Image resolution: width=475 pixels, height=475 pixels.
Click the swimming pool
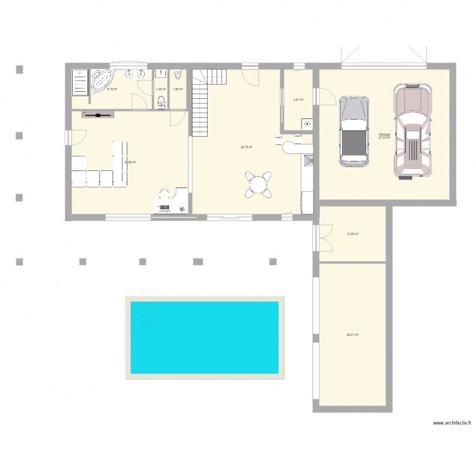point(204,337)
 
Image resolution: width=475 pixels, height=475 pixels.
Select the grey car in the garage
point(354,132)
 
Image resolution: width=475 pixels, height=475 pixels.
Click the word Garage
point(384,134)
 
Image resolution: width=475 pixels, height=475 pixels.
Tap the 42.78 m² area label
point(246,148)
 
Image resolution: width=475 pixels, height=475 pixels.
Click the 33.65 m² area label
point(130,162)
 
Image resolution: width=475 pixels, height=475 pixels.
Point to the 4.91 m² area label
point(298,99)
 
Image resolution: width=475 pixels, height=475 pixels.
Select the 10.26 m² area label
point(352,234)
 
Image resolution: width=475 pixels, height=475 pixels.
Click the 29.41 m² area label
point(352,335)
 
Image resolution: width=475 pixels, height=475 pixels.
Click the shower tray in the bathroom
point(80,80)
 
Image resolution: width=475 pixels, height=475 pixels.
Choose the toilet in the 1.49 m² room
point(161,103)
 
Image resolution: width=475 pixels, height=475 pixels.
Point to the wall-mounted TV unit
point(98,115)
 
